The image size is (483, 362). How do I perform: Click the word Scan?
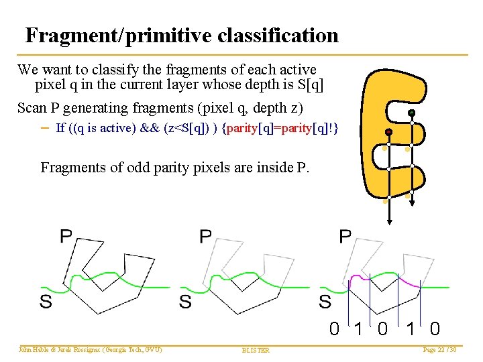[31, 108]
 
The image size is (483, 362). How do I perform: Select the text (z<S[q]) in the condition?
[190, 128]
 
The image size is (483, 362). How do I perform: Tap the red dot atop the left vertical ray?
[388, 131]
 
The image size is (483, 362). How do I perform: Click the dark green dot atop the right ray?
[411, 113]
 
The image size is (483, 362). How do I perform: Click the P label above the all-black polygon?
[66, 236]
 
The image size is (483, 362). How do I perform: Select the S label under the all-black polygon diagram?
[46, 302]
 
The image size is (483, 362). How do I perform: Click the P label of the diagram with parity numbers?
[345, 236]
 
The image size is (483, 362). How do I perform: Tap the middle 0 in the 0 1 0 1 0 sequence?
[382, 328]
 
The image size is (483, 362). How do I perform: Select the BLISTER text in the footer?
[256, 350]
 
